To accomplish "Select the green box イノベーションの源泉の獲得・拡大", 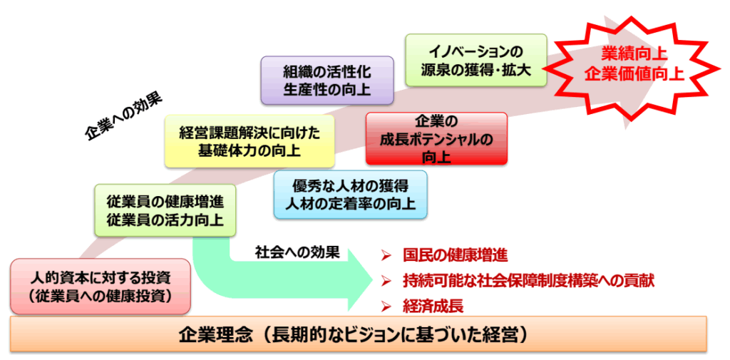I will tap(475, 61).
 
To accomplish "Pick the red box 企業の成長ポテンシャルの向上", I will tap(436, 139).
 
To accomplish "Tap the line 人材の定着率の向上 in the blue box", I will tap(350, 204).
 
